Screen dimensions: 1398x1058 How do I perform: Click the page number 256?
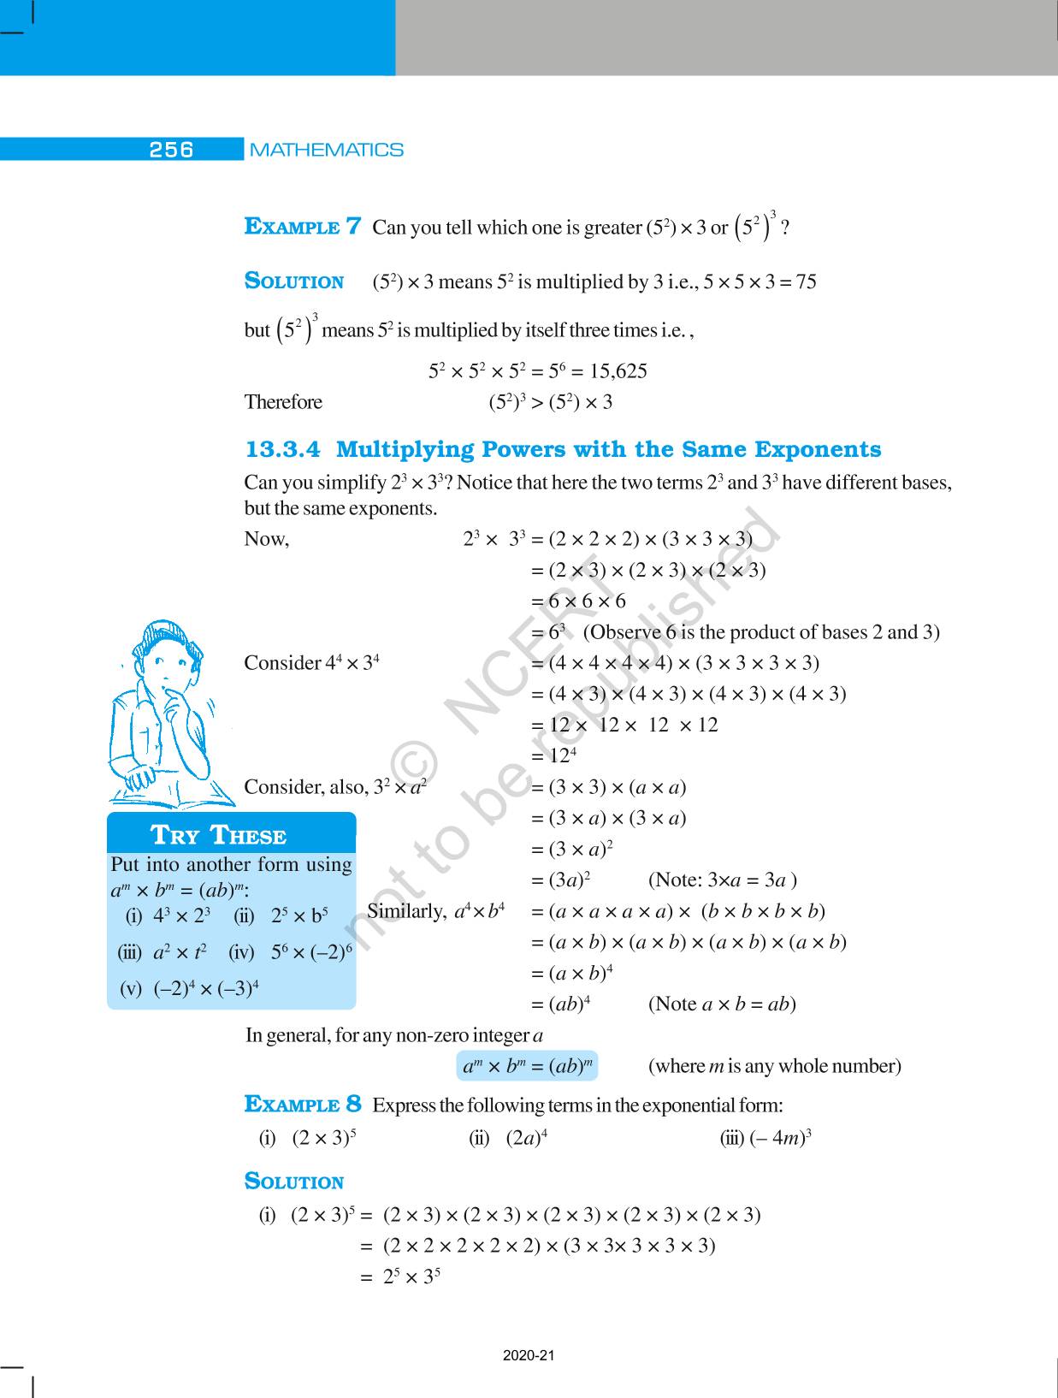tap(171, 150)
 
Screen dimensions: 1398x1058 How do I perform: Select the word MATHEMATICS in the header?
tap(326, 150)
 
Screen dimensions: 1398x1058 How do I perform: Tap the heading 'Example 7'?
tap(303, 227)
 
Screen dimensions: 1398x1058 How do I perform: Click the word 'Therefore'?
tap(283, 402)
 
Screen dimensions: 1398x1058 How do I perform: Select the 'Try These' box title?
tap(218, 835)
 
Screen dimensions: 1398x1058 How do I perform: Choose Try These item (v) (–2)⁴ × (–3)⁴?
tap(190, 989)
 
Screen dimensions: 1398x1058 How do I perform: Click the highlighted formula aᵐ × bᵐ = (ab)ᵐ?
tap(528, 1066)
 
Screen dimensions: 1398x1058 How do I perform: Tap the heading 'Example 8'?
tap(303, 1105)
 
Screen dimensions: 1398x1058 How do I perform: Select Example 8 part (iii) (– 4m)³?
tap(765, 1138)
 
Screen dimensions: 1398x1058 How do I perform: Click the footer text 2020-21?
tap(529, 1356)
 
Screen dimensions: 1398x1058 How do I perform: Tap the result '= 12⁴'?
tap(561, 756)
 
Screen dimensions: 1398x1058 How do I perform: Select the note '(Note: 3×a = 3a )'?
tap(723, 880)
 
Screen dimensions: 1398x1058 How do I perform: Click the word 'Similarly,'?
tap(406, 911)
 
